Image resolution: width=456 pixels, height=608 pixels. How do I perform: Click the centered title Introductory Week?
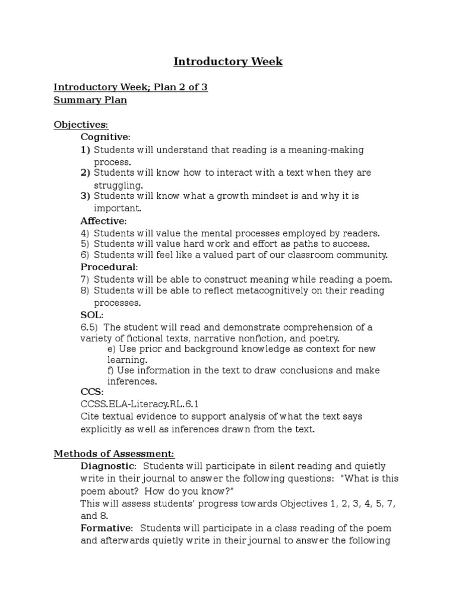pyautogui.click(x=228, y=62)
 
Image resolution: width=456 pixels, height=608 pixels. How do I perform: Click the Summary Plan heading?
pyautogui.click(x=90, y=100)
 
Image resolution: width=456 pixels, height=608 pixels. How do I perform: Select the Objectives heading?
pyautogui.click(x=81, y=125)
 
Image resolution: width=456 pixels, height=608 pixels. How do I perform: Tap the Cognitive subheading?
pyautogui.click(x=104, y=137)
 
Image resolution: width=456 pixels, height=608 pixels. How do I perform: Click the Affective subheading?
pyautogui.click(x=103, y=221)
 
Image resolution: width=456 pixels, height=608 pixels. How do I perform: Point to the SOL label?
pyautogui.click(x=91, y=315)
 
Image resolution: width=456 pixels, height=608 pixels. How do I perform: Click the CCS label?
pyautogui.click(x=91, y=392)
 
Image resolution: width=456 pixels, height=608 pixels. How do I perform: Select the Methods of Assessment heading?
pyautogui.click(x=114, y=454)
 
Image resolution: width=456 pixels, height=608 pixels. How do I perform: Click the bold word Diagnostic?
pyautogui.click(x=108, y=467)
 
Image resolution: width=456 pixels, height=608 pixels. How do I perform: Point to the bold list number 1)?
pyautogui.click(x=85, y=150)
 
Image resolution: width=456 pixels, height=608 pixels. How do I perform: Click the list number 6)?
pyautogui.click(x=85, y=255)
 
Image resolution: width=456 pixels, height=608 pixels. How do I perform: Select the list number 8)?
pyautogui.click(x=85, y=290)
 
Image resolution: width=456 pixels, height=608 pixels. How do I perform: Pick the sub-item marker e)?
pyautogui.click(x=112, y=349)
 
